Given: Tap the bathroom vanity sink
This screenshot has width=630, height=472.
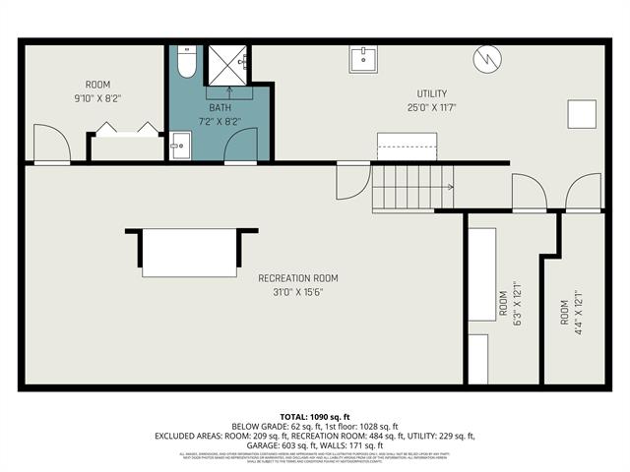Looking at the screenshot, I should coord(179,148).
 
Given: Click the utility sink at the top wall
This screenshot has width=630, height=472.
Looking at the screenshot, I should coord(363,59).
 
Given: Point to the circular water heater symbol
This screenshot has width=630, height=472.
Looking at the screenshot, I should coord(485,61).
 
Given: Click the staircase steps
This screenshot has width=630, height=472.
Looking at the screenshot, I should coord(411,187).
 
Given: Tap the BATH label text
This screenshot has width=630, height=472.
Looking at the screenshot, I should coord(220,106).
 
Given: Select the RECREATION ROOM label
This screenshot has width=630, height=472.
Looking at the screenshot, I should coord(298,278).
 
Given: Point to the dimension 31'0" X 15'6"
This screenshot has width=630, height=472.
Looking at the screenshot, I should coord(298,292).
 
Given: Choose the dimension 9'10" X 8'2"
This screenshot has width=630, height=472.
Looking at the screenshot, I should coord(97,98).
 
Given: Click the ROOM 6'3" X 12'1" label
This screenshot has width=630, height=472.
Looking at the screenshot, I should coord(509,309).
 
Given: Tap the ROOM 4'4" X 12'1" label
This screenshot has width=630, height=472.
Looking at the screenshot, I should coord(571,309).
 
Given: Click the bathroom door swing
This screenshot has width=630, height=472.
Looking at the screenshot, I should coord(240,145).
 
